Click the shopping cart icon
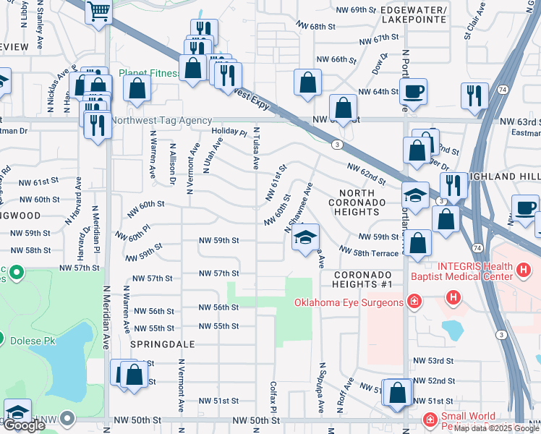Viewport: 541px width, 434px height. [x=98, y=12]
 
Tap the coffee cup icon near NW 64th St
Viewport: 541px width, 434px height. [x=414, y=92]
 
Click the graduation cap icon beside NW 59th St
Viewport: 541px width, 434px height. [x=306, y=237]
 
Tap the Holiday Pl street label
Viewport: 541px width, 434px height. [x=229, y=132]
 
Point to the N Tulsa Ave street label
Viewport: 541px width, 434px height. [x=256, y=149]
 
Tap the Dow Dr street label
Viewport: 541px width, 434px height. [x=376, y=65]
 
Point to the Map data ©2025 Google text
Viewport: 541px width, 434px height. [x=495, y=428]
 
